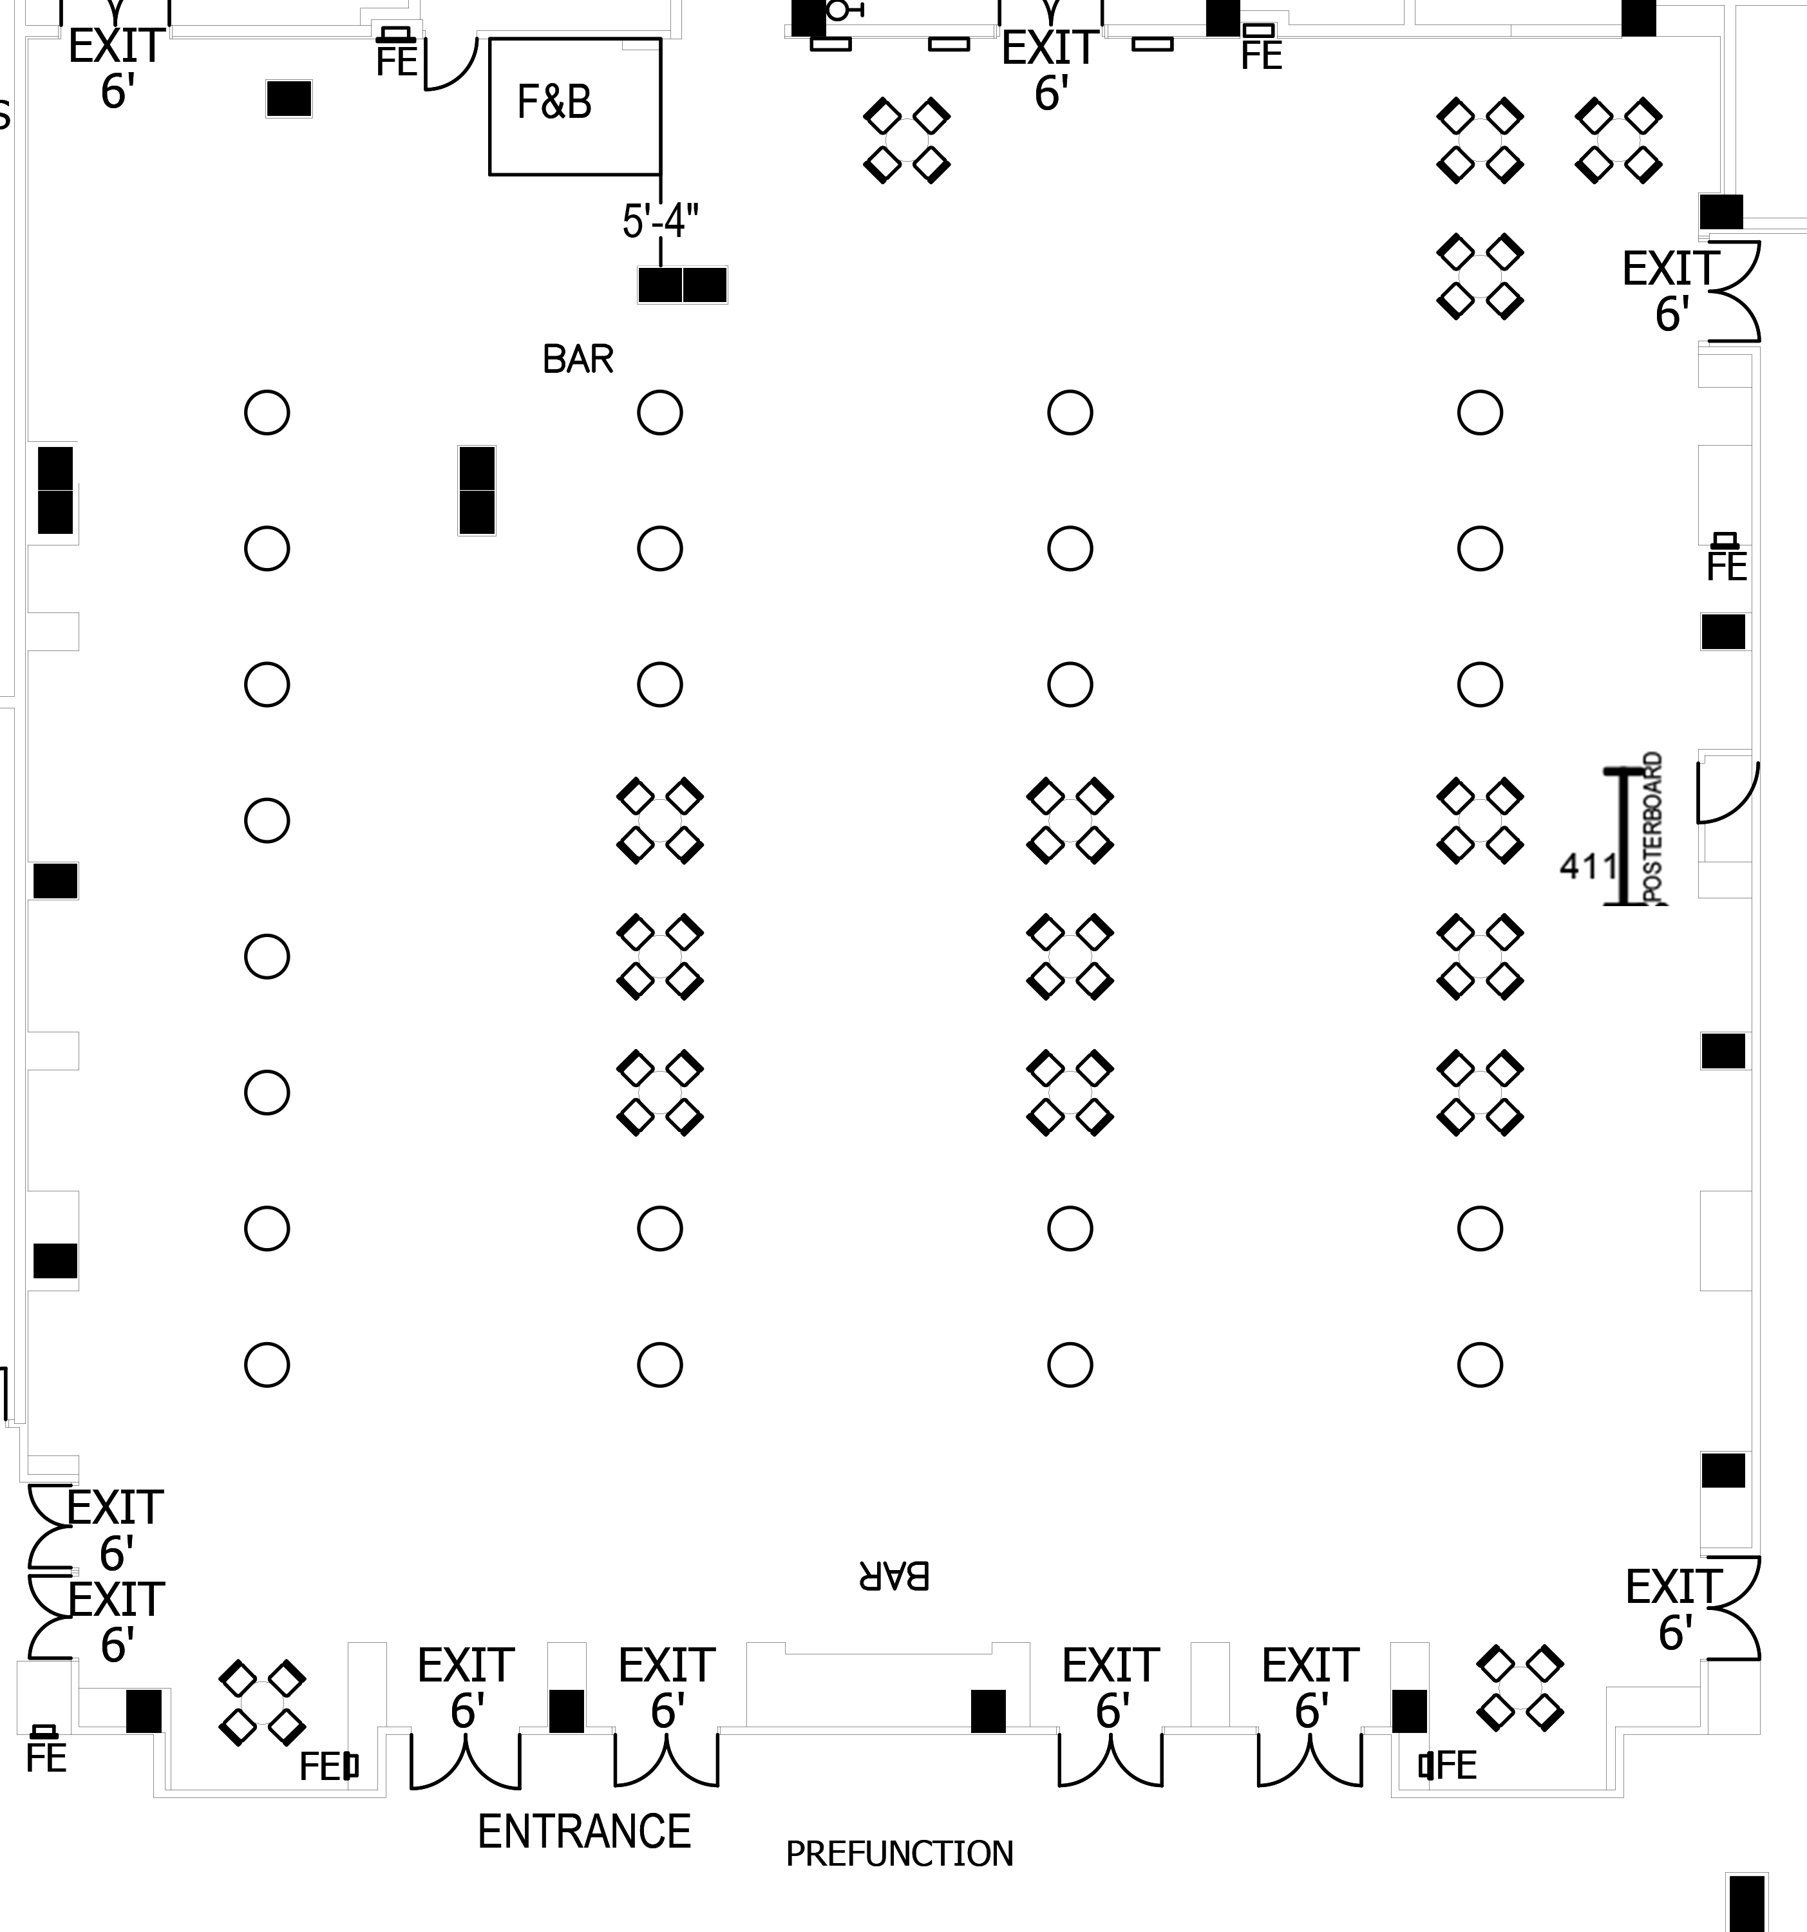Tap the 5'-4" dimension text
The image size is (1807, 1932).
coord(660,222)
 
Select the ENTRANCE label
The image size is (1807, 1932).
coord(583,1832)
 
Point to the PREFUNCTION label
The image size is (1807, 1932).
coord(899,1854)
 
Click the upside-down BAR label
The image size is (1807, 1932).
coord(894,1577)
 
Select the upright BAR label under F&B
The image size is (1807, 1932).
coord(578,359)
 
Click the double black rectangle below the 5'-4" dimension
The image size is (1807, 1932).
coord(683,285)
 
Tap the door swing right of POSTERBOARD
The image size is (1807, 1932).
coord(1727,792)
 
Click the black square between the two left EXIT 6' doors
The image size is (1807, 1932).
coord(567,1711)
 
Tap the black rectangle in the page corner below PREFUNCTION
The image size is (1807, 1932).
coord(1746,1905)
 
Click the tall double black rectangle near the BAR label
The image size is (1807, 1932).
coord(477,490)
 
